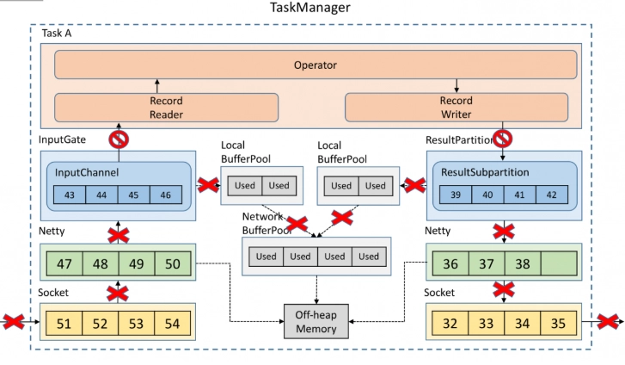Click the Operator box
(316, 65)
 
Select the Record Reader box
(166, 108)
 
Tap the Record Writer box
(456, 107)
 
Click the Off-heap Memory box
(316, 321)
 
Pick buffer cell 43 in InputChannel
(70, 195)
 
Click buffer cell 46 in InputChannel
(166, 195)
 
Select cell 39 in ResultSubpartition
(456, 195)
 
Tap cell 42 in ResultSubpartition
(552, 195)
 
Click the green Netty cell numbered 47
(64, 263)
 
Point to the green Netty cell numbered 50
(173, 263)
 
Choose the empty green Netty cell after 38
(559, 263)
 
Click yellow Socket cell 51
(64, 323)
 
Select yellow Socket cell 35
(559, 323)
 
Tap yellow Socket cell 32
(450, 323)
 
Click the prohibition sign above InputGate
(119, 139)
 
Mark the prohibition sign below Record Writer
(503, 139)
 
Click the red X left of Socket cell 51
(14, 321)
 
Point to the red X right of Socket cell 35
(609, 321)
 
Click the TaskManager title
(310, 7)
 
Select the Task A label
(57, 34)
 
